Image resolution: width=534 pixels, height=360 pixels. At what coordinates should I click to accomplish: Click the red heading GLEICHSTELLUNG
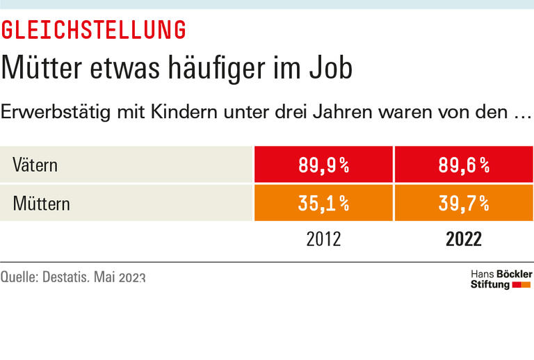93,30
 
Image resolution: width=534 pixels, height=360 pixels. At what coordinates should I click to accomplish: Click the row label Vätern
35,165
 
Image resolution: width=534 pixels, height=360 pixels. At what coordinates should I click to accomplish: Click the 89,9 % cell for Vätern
324,165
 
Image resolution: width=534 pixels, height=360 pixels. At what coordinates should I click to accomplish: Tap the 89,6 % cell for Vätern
463,165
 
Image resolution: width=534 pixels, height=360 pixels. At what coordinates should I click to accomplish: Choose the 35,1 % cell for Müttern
324,204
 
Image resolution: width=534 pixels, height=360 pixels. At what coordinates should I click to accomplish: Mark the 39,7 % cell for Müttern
463,204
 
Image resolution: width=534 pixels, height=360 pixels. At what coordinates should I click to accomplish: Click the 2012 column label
324,239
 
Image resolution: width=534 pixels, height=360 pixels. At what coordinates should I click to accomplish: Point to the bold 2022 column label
463,239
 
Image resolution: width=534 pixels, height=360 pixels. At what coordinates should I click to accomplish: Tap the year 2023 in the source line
132,277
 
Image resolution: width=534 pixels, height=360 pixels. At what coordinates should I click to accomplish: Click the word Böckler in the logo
513,275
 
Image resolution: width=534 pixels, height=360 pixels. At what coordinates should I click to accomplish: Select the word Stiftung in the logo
490,285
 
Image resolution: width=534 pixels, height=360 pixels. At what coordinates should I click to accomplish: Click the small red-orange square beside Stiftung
521,285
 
